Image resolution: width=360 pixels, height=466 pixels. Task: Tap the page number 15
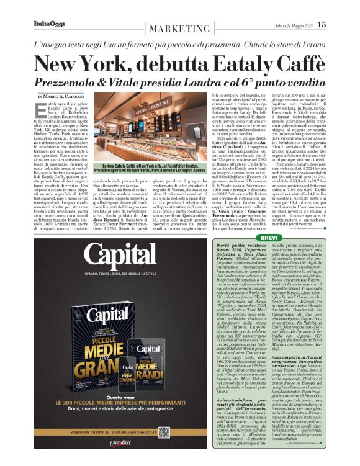coord(321,24)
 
